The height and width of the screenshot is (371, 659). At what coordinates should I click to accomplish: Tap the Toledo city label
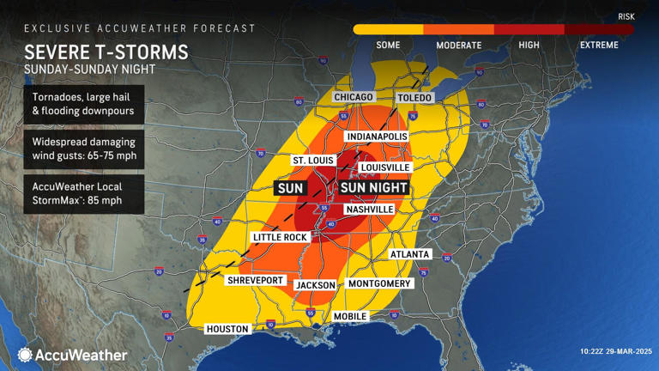coord(415,98)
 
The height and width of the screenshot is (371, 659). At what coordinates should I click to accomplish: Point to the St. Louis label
coord(312,161)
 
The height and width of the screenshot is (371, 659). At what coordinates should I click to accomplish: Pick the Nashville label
coord(369,210)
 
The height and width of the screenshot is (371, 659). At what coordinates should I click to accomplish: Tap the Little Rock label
coord(279,237)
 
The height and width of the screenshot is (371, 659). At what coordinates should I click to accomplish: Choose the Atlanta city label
coord(408,254)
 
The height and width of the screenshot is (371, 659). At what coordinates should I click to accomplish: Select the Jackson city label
coord(315,284)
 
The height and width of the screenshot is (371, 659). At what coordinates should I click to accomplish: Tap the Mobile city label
coord(351,316)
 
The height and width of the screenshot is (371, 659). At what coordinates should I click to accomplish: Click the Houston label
coord(227,329)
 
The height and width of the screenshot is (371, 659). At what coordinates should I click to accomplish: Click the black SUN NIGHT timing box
coord(373,187)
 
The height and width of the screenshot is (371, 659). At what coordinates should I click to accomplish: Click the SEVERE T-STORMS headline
coord(106,52)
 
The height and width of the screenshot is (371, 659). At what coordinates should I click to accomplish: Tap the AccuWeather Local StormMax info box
coord(83,198)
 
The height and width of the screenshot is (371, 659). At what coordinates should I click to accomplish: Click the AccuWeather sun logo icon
coord(25,355)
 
